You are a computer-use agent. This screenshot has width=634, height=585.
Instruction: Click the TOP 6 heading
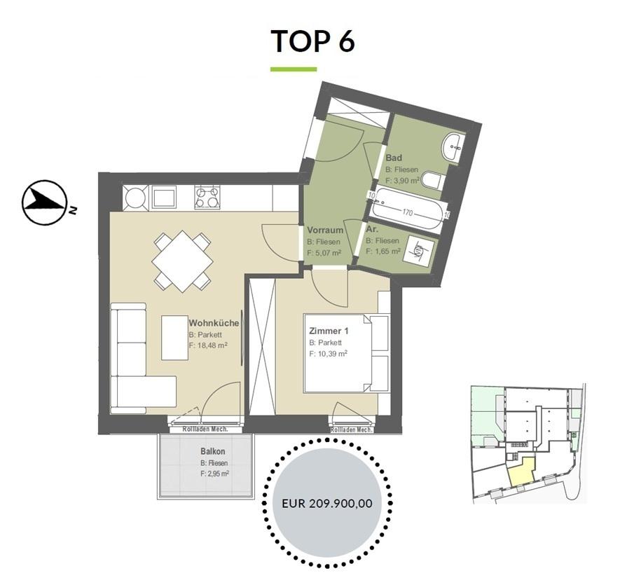pyautogui.click(x=312, y=41)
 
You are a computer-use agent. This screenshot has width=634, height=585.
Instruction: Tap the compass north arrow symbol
pyautogui.click(x=44, y=202)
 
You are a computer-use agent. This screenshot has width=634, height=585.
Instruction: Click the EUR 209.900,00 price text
pyautogui.click(x=326, y=503)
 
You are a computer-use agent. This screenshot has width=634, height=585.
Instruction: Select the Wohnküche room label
pyautogui.click(x=214, y=324)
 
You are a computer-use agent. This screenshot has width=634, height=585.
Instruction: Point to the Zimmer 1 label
pyautogui.click(x=329, y=331)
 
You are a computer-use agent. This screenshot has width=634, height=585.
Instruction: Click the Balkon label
pyautogui.click(x=213, y=451)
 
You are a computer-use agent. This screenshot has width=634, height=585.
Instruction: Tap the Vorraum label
pyautogui.click(x=325, y=230)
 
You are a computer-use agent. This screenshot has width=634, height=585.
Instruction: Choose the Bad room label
pyautogui.click(x=394, y=158)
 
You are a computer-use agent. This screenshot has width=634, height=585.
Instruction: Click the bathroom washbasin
pyautogui.click(x=454, y=148)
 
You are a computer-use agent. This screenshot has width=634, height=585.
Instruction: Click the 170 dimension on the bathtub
pyautogui.click(x=407, y=212)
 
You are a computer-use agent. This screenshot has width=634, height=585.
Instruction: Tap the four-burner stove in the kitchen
pyautogui.click(x=207, y=197)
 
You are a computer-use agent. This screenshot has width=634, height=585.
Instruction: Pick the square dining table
pyautogui.click(x=183, y=261)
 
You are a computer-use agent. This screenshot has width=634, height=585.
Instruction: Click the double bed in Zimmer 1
pyautogui.click(x=346, y=353)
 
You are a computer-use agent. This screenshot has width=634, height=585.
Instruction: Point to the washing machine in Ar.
pyautogui.click(x=420, y=251)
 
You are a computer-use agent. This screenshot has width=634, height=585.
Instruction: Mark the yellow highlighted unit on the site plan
pyautogui.click(x=521, y=472)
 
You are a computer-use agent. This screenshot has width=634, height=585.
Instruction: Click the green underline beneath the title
pyautogui.click(x=294, y=69)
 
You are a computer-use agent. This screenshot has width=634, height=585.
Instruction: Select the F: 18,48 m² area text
pyautogui.click(x=208, y=345)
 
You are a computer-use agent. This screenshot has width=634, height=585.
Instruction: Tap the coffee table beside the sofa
pyautogui.click(x=174, y=338)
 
